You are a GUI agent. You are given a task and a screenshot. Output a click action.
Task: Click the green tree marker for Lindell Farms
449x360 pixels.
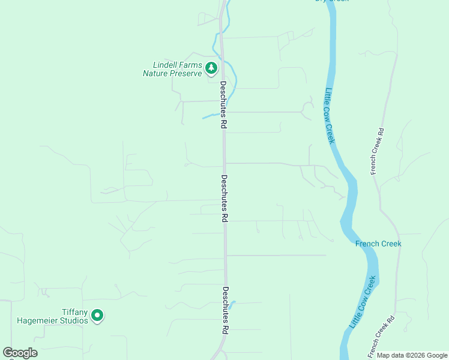[211, 68]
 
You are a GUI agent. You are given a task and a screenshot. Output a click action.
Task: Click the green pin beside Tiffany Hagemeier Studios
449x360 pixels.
[97, 315]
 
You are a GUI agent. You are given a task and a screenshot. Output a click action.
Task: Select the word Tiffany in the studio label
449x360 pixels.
[75, 312]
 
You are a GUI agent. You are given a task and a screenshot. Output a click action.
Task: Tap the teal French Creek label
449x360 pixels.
[378, 244]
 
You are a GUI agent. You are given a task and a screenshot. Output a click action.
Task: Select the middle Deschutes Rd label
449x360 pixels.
[224, 199]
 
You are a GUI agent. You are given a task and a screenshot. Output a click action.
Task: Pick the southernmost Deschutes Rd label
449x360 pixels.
[225, 310]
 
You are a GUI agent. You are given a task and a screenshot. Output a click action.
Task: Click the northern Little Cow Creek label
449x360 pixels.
[329, 116]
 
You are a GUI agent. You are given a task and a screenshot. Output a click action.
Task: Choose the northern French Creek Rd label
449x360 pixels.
[376, 151]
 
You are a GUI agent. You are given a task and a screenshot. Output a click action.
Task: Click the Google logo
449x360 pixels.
[20, 353]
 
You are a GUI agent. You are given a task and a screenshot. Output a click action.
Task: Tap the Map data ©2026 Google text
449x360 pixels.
[412, 356]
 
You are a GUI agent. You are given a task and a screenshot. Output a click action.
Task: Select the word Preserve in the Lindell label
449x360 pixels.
[185, 74]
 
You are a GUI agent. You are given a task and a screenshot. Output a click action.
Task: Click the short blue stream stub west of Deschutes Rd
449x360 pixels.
[209, 116]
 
